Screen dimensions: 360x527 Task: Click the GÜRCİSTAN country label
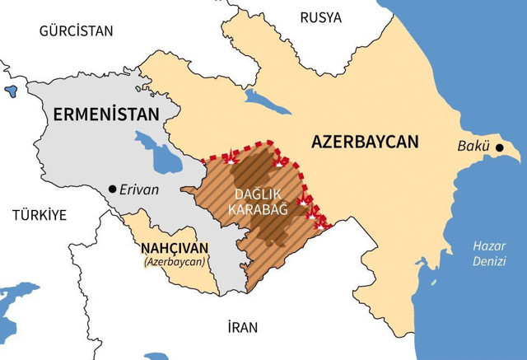click(75, 30)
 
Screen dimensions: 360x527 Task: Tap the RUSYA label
click(320, 17)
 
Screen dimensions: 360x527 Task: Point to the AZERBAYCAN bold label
click(366, 141)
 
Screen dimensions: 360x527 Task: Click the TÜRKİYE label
click(38, 215)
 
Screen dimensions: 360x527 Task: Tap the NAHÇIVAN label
click(175, 247)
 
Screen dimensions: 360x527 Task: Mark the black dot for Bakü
click(499, 147)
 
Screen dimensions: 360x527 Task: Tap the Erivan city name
click(139, 189)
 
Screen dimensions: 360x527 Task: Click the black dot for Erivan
click(112, 189)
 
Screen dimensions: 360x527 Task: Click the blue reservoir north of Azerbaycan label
click(267, 102)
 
